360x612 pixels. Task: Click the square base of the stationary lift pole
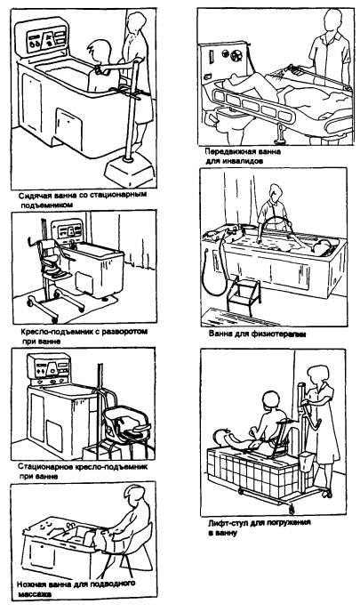tap(130, 170)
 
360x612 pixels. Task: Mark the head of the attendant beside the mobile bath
tap(332, 20)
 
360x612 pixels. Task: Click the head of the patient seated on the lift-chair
tap(270, 402)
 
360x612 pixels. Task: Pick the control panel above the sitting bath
tap(42, 38)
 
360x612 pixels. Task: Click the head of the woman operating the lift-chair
tap(316, 375)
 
